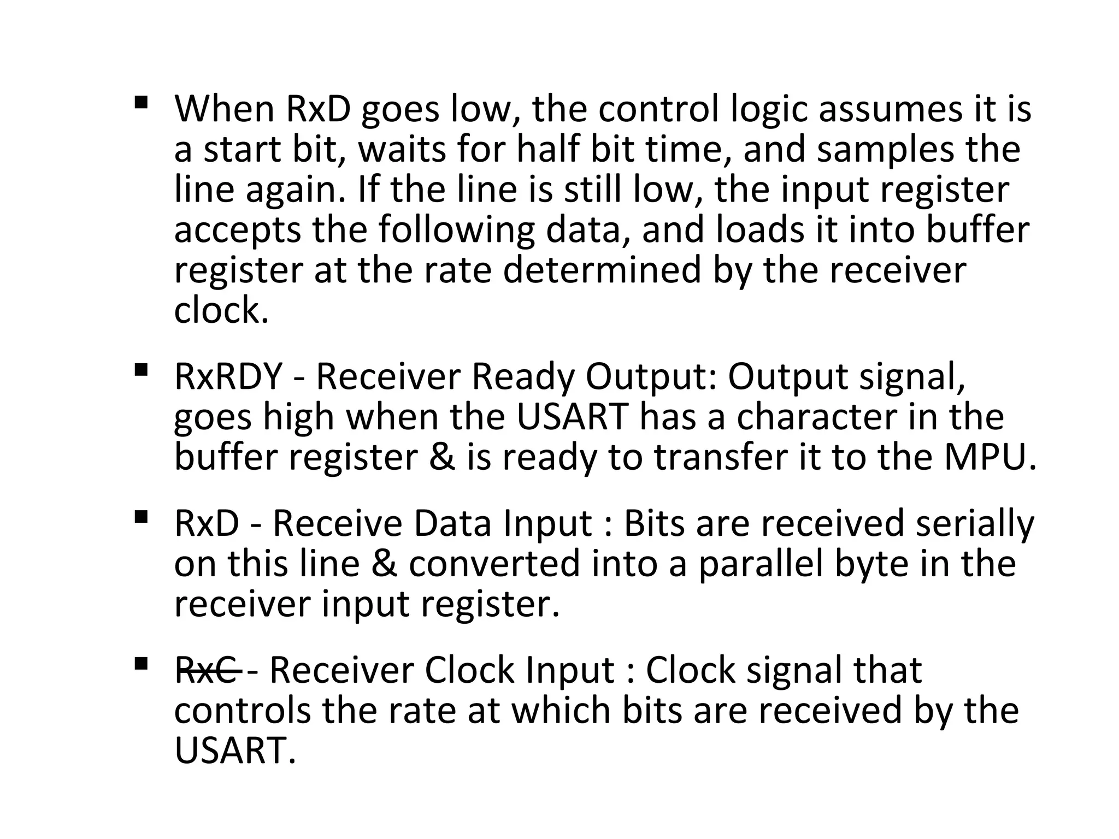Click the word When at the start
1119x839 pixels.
(x=224, y=109)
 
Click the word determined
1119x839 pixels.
(x=602, y=270)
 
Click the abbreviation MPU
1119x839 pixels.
(x=990, y=457)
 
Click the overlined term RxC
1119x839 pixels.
(x=207, y=670)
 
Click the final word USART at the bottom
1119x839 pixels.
(x=235, y=751)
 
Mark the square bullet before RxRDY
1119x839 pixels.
(x=140, y=370)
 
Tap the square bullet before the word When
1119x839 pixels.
(x=140, y=102)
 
